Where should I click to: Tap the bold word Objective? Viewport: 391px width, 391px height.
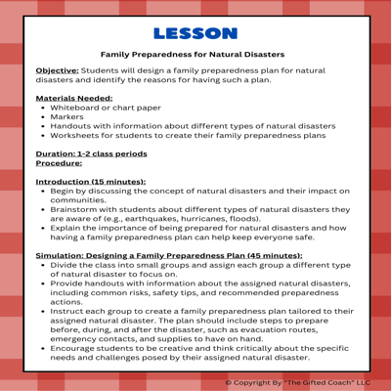(59, 71)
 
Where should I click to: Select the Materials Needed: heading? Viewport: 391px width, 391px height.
(73, 99)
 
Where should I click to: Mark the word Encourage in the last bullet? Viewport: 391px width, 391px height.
(80, 347)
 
